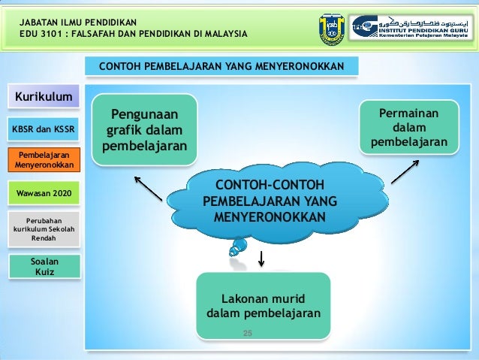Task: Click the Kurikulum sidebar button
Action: point(44,97)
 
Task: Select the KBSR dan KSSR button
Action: point(44,129)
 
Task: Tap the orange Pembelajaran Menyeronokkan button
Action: point(44,159)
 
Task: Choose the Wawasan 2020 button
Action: point(44,194)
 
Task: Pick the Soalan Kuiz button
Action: point(44,265)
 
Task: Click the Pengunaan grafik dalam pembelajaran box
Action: point(145,129)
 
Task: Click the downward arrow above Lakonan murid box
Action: point(261,258)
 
